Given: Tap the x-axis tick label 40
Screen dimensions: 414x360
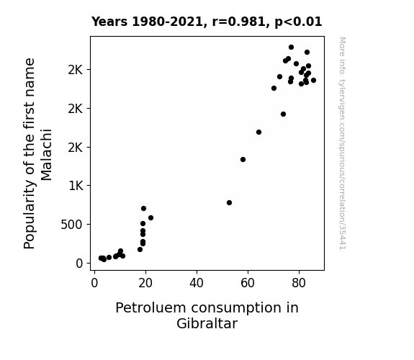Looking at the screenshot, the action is coord(197,283).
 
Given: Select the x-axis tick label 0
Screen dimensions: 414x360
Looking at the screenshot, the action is coord(94,283).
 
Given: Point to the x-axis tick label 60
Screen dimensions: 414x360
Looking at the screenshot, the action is coord(248,283).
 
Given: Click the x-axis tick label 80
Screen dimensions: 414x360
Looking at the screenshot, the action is coord(299,283).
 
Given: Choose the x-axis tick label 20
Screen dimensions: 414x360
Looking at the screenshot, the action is coord(145,283).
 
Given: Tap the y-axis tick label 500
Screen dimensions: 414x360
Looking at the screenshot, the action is coord(72,225).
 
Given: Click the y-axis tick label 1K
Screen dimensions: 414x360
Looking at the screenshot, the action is coord(76,186).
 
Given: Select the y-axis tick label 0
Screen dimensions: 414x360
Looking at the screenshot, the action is coord(79,264).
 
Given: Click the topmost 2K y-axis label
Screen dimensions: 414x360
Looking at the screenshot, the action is coord(76,70).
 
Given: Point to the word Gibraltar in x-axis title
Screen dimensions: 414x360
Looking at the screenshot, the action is coord(207,323).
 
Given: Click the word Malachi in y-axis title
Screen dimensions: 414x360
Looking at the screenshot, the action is coord(46,155).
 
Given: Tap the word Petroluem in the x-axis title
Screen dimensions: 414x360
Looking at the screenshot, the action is coord(151,308).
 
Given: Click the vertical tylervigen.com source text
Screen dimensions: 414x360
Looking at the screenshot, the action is coord(343,143).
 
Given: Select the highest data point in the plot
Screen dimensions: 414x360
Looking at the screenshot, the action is coord(291,48).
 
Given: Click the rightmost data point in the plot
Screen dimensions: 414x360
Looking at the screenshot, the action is coord(313,81).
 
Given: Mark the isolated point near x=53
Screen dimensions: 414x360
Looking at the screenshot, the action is coord(229,202).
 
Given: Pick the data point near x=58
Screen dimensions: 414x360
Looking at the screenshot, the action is coord(243,160).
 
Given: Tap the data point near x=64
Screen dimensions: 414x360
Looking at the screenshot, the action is coord(258,132).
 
